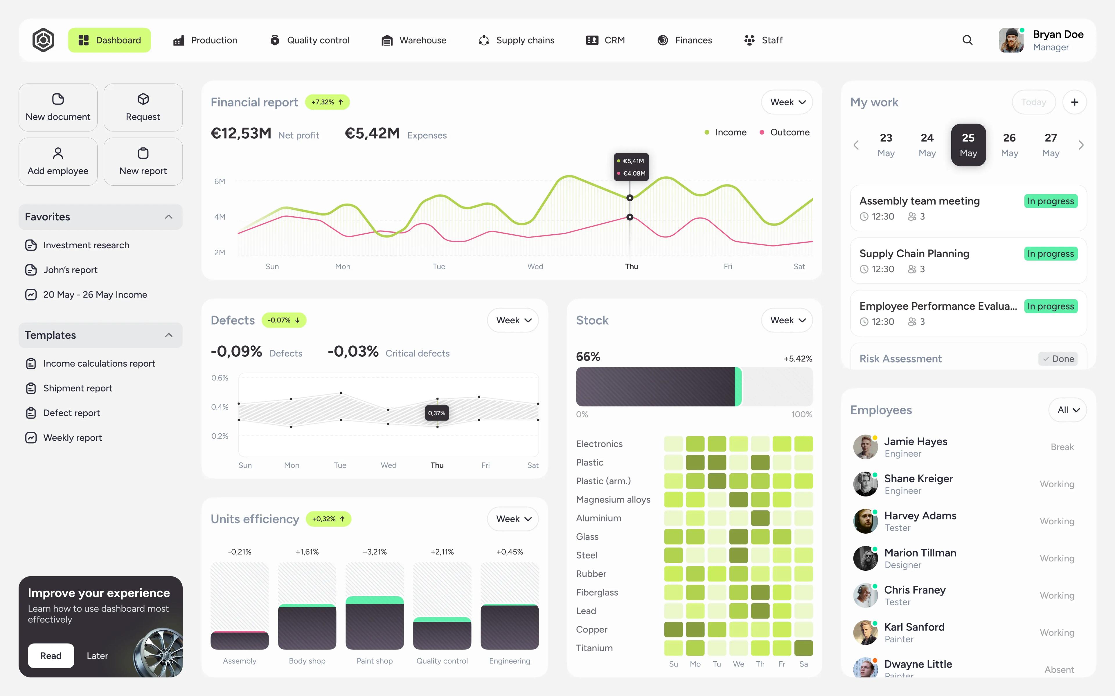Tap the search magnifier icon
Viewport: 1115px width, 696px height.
[x=967, y=40]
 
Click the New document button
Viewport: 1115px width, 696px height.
[x=58, y=107]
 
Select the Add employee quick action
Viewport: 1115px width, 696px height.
[x=58, y=162]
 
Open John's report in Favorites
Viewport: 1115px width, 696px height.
[x=70, y=270]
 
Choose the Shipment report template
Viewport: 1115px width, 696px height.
[x=78, y=388]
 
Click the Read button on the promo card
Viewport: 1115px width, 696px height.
[x=51, y=655]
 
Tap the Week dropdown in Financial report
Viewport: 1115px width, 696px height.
[x=787, y=102]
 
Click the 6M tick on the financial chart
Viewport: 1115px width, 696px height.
[x=220, y=181]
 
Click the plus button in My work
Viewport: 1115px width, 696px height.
[x=1074, y=102]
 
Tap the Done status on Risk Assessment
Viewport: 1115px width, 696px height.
[x=1058, y=359]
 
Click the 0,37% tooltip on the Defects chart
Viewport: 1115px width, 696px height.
[x=436, y=413]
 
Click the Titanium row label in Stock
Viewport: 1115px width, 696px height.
[x=594, y=648]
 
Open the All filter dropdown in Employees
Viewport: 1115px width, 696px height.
[x=1068, y=410]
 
